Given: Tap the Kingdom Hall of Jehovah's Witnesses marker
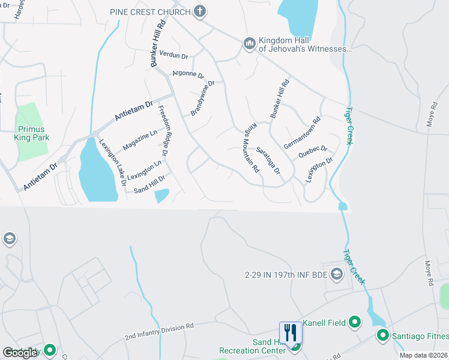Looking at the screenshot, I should [x=249, y=44].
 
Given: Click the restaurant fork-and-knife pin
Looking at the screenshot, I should [x=291, y=334].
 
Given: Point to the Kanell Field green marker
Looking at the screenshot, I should [x=355, y=323].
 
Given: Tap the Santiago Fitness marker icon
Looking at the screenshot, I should [x=382, y=335].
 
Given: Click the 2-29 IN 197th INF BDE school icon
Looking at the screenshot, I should [x=337, y=274].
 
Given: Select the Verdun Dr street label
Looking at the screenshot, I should [x=175, y=56].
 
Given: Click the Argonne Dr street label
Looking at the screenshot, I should [x=188, y=74].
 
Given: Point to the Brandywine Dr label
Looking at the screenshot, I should [x=202, y=98].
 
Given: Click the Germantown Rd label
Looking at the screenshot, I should [x=303, y=133].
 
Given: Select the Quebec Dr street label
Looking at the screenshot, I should [x=313, y=152].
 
